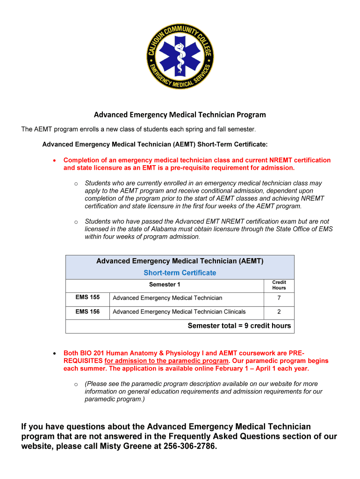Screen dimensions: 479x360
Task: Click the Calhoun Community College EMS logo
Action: point(180,57)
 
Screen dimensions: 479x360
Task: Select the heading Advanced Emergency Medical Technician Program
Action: point(180,115)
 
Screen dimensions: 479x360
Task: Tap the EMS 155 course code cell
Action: point(87,298)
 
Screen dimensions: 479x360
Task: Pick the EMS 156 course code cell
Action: point(87,312)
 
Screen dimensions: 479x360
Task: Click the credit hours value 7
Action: point(279,298)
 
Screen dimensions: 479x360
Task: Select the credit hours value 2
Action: point(279,312)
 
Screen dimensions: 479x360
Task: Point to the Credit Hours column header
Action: point(279,285)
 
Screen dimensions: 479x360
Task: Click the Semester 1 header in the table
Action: point(165,285)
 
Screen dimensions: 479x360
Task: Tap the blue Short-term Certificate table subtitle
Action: point(180,273)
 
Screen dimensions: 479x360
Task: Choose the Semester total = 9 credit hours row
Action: point(239,326)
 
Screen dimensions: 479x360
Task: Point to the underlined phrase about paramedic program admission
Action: point(166,361)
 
